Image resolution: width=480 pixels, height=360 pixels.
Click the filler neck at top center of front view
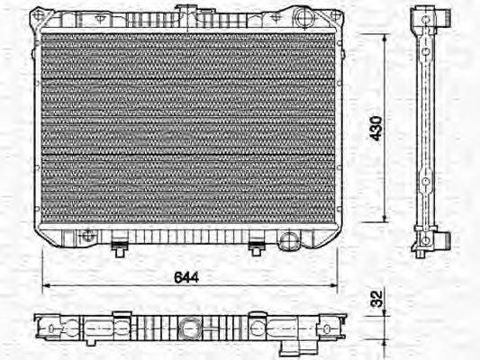(x=187, y=13)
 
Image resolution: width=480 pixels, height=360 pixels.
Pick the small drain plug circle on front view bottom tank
(x=86, y=236)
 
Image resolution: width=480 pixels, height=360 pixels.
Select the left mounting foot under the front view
(x=119, y=243)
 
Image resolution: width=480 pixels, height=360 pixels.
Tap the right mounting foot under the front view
(x=256, y=243)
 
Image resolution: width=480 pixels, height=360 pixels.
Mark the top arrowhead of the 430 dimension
(x=385, y=37)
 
